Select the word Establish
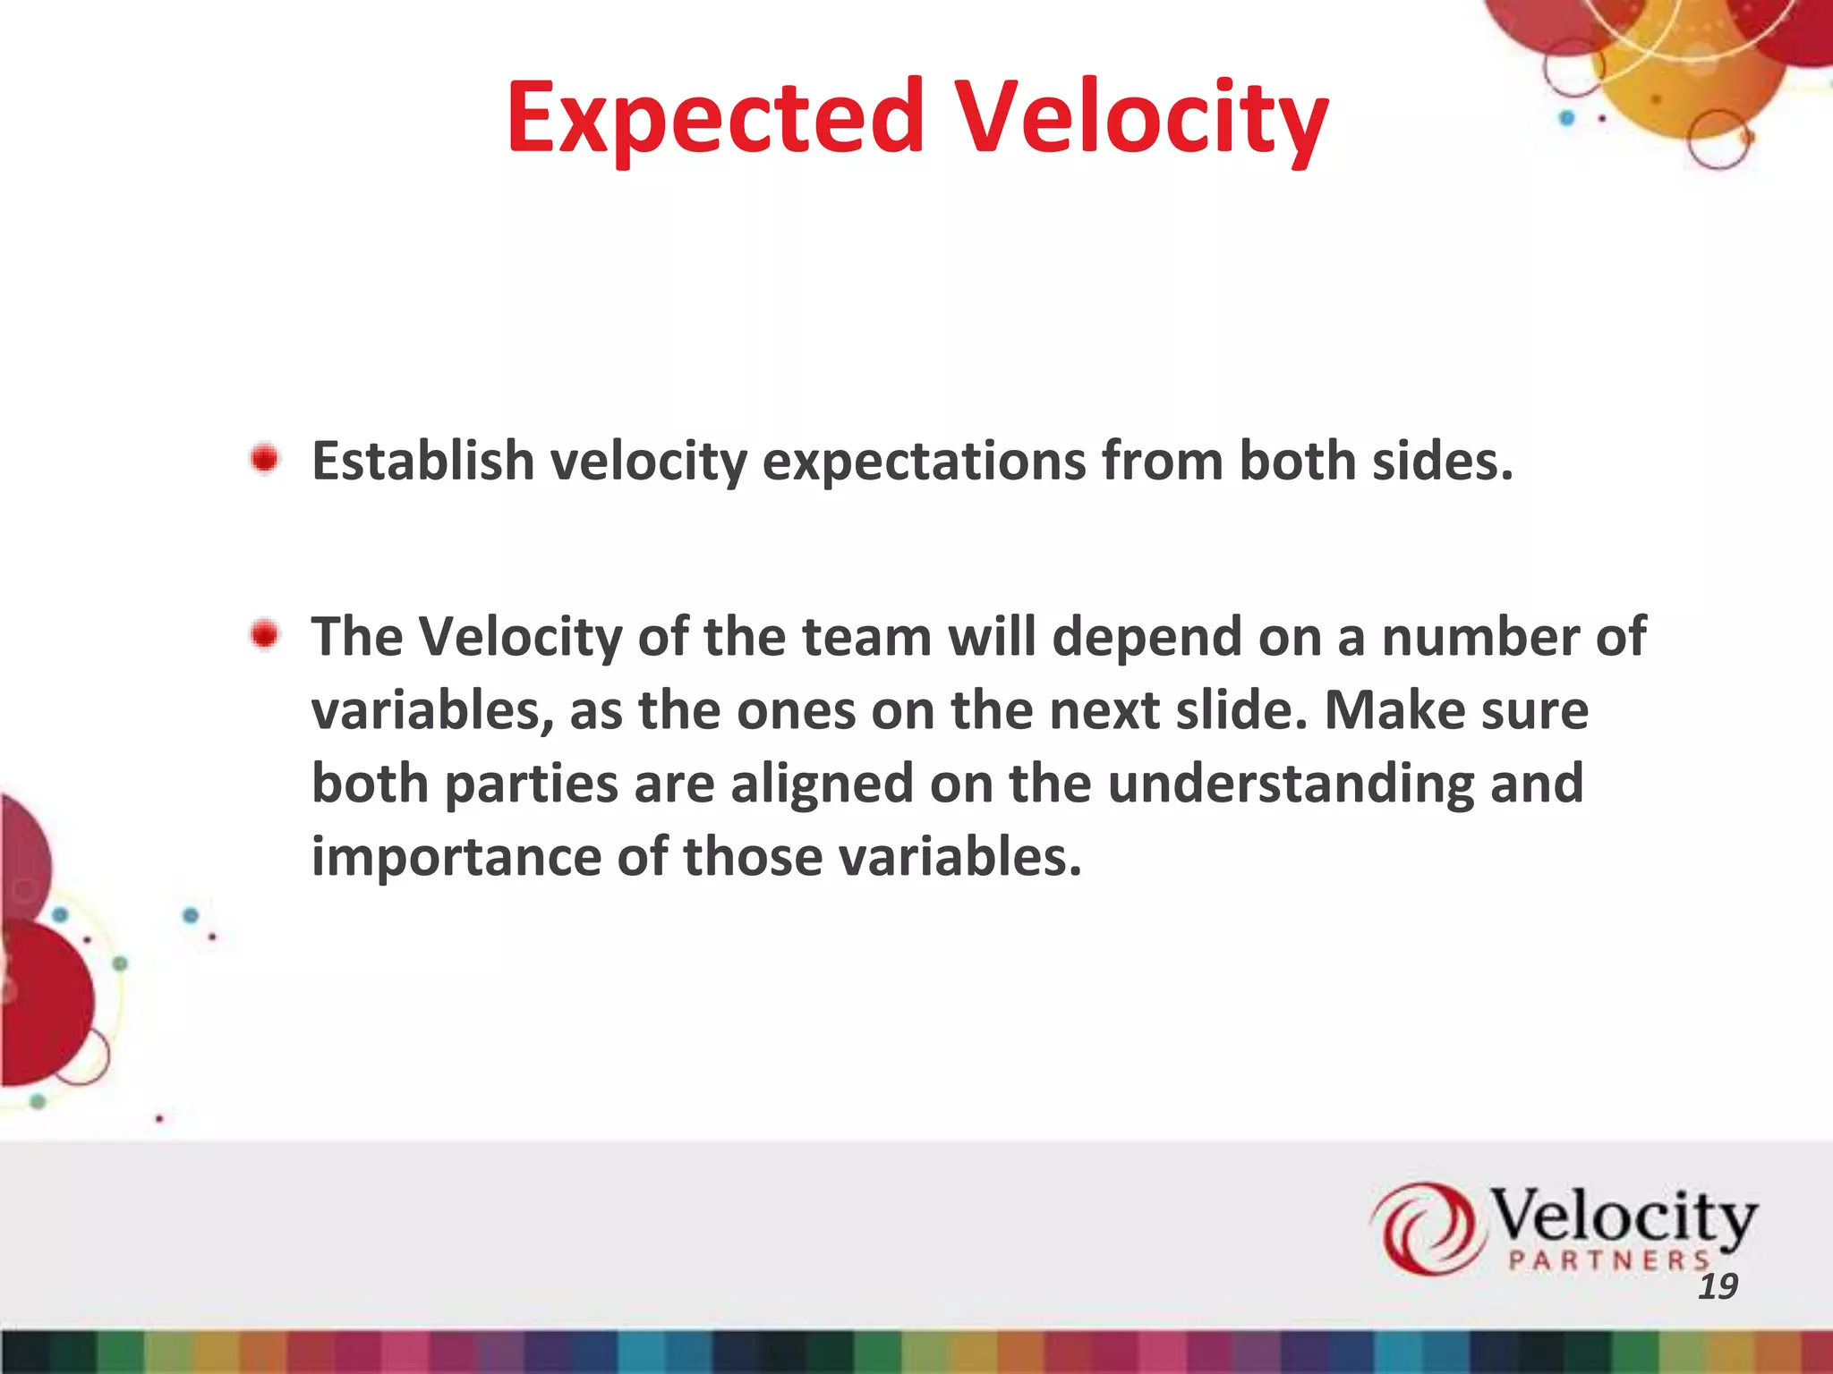422,462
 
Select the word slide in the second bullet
1241,710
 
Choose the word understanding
1289,785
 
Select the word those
752,857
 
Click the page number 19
1718,1286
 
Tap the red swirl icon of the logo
1423,1227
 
